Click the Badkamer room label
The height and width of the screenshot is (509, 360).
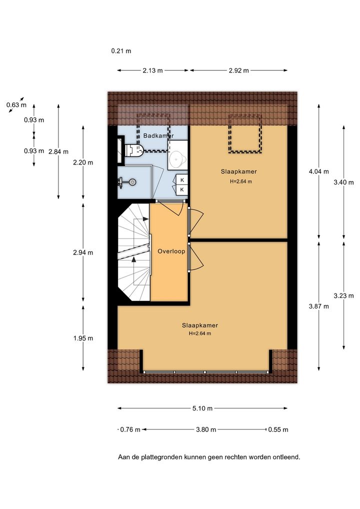click(x=158, y=135)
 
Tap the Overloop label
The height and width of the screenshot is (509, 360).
click(x=171, y=251)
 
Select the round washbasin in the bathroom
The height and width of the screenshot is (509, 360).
click(x=177, y=159)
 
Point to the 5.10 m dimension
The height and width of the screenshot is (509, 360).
click(x=202, y=408)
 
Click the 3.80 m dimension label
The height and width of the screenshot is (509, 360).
click(x=206, y=429)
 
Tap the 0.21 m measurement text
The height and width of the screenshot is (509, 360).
click(x=121, y=51)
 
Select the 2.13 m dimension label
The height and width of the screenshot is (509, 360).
click(x=152, y=70)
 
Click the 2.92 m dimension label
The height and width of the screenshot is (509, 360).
click(x=238, y=70)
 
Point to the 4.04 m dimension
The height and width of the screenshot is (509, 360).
click(x=319, y=171)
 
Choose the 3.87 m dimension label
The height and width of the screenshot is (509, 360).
click(x=319, y=306)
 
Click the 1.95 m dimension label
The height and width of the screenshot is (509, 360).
click(x=83, y=338)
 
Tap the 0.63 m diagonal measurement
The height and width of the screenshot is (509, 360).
click(x=16, y=105)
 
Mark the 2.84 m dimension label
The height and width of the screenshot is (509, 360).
click(x=58, y=151)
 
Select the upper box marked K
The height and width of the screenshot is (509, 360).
click(x=182, y=180)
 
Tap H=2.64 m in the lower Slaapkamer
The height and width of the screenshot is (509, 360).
click(x=200, y=333)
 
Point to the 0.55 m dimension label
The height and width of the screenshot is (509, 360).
click(x=278, y=429)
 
